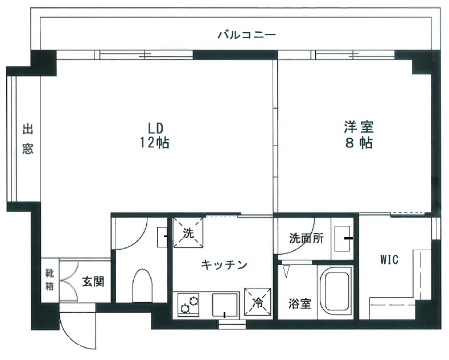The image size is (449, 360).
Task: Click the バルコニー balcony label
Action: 246,35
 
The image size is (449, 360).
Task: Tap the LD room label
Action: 155,128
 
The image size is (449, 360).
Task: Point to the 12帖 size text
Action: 154,143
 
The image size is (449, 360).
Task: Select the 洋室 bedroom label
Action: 359,127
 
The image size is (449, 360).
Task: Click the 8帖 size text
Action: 359,143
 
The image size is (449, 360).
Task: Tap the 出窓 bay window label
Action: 28,139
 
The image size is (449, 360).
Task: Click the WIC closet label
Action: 389,259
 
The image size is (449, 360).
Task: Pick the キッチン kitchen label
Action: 224,264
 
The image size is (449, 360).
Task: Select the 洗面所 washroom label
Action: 306,238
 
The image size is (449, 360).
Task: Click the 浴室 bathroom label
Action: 300,304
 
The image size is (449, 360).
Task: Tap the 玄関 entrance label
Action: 93,282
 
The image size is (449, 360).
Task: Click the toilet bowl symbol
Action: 142,285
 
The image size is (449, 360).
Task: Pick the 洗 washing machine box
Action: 188,233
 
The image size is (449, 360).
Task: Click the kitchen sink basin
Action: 225,305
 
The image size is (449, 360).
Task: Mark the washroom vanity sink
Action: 343,238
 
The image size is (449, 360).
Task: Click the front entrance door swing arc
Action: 69,338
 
